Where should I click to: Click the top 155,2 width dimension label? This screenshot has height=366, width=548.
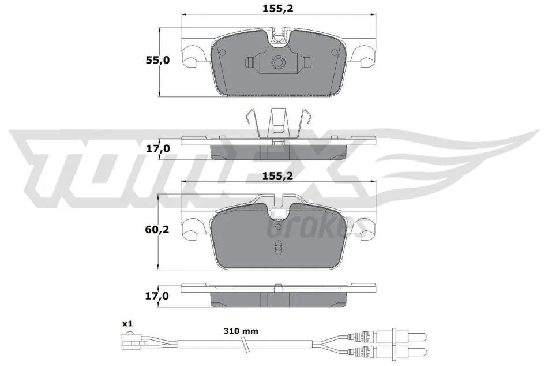278,9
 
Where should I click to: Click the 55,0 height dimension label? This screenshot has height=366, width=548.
157,60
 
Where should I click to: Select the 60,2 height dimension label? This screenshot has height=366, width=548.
157,230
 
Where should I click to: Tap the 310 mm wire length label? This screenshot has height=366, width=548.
241,331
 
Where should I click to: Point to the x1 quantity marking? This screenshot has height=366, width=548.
128,324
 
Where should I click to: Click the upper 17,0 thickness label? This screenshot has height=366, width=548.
157,149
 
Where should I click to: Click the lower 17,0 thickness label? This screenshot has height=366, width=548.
157,296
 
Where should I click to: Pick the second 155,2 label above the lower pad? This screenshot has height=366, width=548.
278,175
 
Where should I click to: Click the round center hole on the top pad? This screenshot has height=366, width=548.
278,62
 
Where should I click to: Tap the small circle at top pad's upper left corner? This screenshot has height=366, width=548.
222,52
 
